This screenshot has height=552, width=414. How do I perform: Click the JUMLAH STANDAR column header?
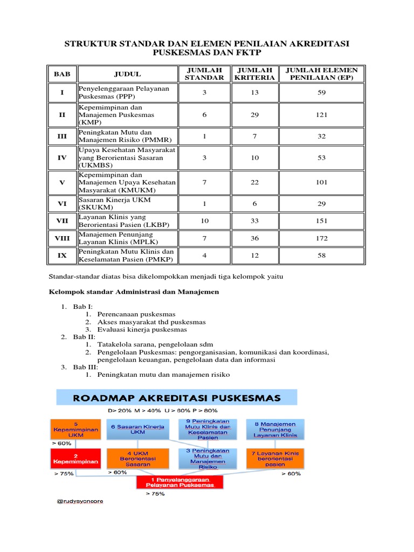tap(204, 73)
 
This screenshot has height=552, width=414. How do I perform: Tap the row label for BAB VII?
tap(62, 220)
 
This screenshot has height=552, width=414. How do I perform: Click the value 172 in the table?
tap(322, 238)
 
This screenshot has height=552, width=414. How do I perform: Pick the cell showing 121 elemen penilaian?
tap(322, 115)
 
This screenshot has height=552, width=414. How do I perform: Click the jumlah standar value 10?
tap(204, 220)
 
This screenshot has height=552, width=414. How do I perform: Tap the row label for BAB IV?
tap(62, 157)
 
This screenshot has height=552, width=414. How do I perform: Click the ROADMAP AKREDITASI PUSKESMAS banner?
tap(177, 398)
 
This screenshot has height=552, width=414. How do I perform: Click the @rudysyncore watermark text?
tap(80, 501)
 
